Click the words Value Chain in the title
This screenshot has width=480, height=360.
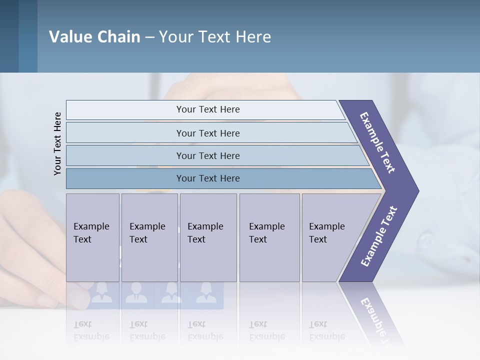click(x=94, y=37)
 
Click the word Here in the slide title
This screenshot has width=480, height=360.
click(x=253, y=37)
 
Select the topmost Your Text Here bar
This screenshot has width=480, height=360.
click(x=207, y=109)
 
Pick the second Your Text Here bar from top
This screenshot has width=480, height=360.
click(x=207, y=133)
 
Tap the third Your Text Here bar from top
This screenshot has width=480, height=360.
click(x=207, y=155)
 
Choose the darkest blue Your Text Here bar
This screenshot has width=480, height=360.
click(x=207, y=178)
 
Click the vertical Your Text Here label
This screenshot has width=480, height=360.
click(x=57, y=143)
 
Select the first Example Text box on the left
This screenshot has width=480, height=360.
click(x=92, y=237)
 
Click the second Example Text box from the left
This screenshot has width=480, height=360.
click(x=149, y=237)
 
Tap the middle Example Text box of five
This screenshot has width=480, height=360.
click(x=208, y=237)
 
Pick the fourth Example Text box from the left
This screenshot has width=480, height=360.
click(x=269, y=237)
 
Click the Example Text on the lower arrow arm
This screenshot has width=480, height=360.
click(x=379, y=236)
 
